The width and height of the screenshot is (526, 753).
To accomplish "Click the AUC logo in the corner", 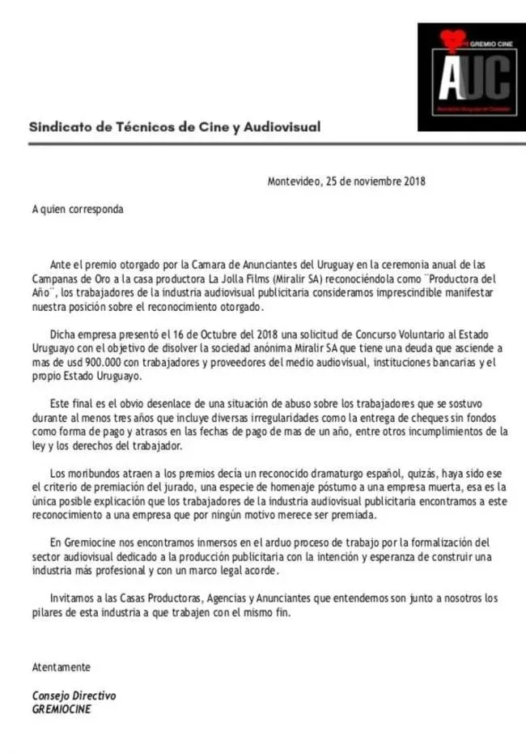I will [x=463, y=78].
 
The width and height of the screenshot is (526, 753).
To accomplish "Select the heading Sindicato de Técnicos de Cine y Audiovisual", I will [x=175, y=126].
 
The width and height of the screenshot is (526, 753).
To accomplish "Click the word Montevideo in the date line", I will [x=294, y=181].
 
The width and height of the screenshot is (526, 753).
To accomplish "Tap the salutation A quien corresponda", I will [x=78, y=209].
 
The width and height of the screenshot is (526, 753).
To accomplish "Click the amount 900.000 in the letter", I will [x=137, y=362].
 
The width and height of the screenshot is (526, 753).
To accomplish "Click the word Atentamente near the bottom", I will [x=62, y=667].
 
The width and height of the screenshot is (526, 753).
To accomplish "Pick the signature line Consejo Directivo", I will [x=74, y=696].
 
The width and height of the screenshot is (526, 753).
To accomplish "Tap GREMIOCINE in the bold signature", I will [x=62, y=708].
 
